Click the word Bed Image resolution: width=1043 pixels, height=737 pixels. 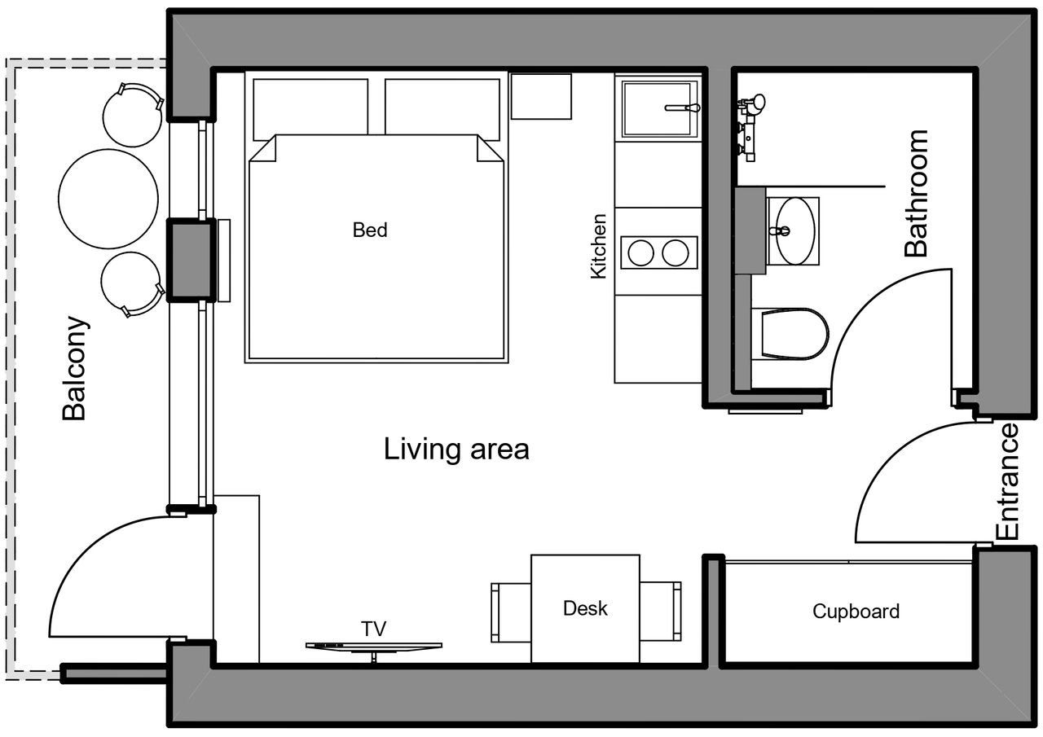click(370, 230)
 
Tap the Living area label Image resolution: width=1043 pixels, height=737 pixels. click(456, 450)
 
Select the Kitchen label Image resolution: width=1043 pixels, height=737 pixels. click(598, 247)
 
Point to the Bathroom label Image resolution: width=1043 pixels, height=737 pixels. click(916, 194)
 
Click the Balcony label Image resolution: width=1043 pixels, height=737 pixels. click(74, 368)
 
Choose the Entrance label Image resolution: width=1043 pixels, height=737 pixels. click(1007, 481)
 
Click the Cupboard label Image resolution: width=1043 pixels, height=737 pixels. click(856, 612)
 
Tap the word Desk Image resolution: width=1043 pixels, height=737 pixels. click(585, 608)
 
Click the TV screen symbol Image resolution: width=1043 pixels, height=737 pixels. click(374, 647)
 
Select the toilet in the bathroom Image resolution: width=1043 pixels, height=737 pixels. click(790, 334)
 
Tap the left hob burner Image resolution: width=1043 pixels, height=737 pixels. click(640, 253)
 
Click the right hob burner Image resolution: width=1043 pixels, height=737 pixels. click(676, 253)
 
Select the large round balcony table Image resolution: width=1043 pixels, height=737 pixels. click(108, 200)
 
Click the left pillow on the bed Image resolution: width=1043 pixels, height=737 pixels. click(310, 109)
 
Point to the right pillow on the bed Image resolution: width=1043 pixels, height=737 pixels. click(442, 109)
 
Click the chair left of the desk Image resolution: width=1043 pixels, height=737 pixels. click(511, 612)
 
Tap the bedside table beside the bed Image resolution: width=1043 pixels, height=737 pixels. click(541, 96)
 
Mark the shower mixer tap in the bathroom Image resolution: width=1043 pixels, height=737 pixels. click(750, 128)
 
